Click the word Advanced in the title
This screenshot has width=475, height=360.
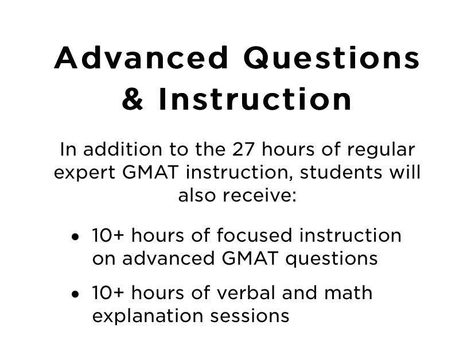[141, 57]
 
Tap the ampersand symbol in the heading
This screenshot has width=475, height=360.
[133, 99]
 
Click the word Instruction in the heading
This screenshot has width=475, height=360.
[255, 99]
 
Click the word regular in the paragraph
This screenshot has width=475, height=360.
[381, 152]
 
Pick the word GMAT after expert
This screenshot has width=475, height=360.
[150, 172]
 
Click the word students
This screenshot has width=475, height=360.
[341, 172]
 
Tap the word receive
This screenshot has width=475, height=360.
[259, 195]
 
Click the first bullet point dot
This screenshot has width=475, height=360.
[75, 237]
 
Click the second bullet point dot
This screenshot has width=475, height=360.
[75, 294]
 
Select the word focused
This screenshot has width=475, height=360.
[254, 235]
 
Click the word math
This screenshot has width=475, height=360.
[348, 293]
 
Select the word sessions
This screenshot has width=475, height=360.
[250, 316]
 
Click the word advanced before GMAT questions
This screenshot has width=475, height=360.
[169, 258]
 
